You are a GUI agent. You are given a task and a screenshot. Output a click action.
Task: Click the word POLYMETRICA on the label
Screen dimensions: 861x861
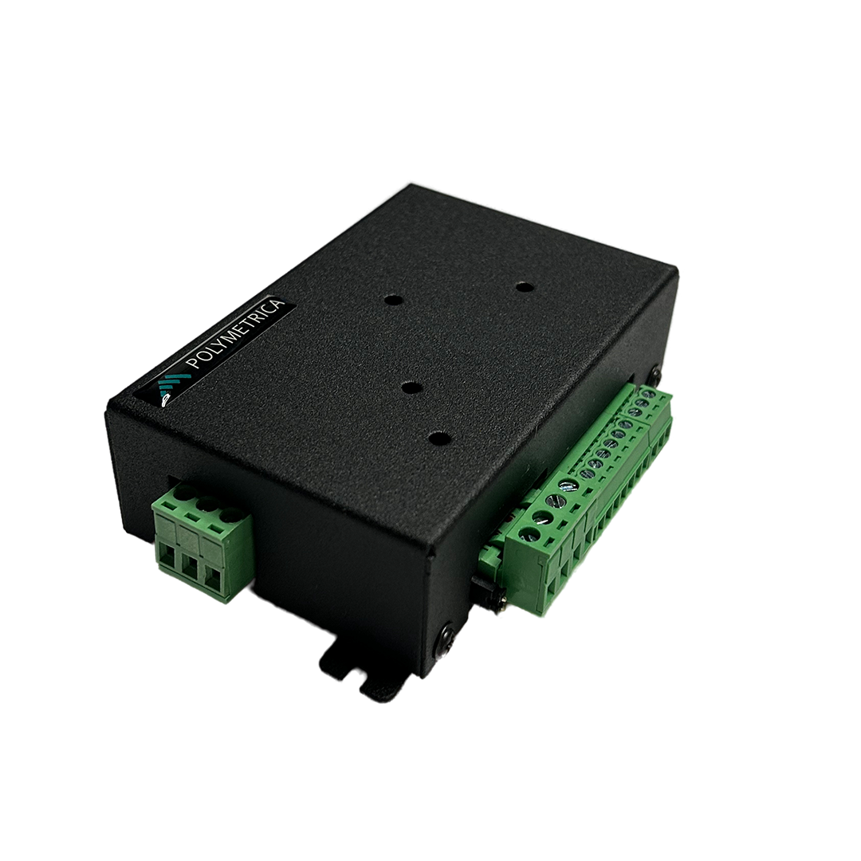(x=236, y=333)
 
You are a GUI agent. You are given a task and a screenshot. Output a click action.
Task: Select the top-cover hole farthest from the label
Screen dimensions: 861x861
(x=523, y=287)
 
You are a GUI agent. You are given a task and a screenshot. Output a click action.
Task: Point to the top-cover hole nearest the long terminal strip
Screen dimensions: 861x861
(x=438, y=438)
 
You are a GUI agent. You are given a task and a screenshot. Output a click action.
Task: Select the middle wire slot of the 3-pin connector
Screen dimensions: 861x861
(x=190, y=565)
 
